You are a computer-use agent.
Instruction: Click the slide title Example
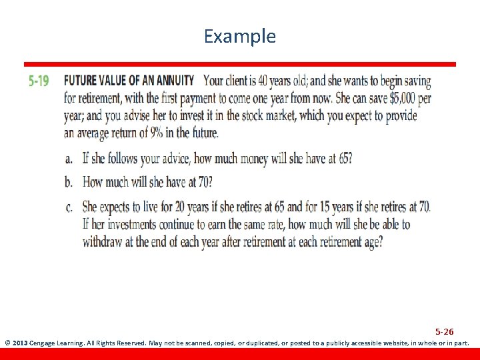click(x=239, y=36)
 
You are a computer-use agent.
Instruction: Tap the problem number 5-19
click(x=39, y=82)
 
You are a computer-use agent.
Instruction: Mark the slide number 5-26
click(x=445, y=331)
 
